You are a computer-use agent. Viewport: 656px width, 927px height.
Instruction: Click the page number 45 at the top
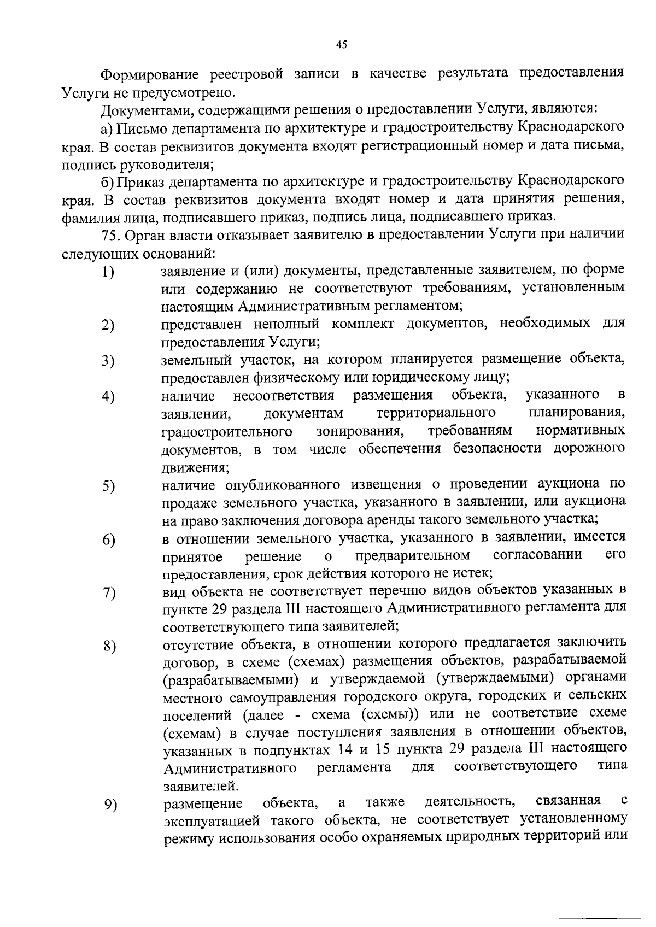(341, 45)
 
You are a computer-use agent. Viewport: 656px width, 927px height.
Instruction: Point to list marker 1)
(108, 272)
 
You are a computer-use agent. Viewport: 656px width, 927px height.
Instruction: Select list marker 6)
(108, 539)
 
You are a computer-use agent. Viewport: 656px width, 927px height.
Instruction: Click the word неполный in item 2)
(286, 324)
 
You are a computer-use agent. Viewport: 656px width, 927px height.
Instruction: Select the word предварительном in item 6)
(412, 556)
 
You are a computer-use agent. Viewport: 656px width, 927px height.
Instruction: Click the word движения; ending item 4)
(195, 468)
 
